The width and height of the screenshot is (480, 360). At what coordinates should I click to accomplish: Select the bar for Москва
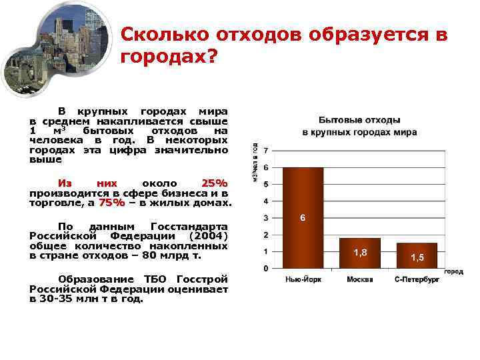(x=359, y=253)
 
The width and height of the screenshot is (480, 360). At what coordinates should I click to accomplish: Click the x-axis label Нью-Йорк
(x=303, y=279)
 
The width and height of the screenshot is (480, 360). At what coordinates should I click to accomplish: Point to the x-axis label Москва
(x=360, y=279)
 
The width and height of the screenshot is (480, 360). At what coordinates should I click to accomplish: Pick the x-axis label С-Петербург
(x=417, y=279)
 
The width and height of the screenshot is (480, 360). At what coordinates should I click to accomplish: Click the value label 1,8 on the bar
(x=360, y=252)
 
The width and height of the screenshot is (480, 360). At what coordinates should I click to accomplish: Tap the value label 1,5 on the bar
(x=417, y=257)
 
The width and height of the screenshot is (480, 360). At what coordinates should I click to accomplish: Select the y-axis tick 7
(x=267, y=150)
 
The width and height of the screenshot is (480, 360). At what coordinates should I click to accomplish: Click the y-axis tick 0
(x=267, y=269)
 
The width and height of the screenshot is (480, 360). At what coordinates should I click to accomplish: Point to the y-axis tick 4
(x=267, y=201)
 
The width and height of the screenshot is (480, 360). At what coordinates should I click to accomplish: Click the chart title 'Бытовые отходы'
(x=359, y=121)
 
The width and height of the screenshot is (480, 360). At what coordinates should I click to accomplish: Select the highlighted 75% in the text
(x=112, y=203)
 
